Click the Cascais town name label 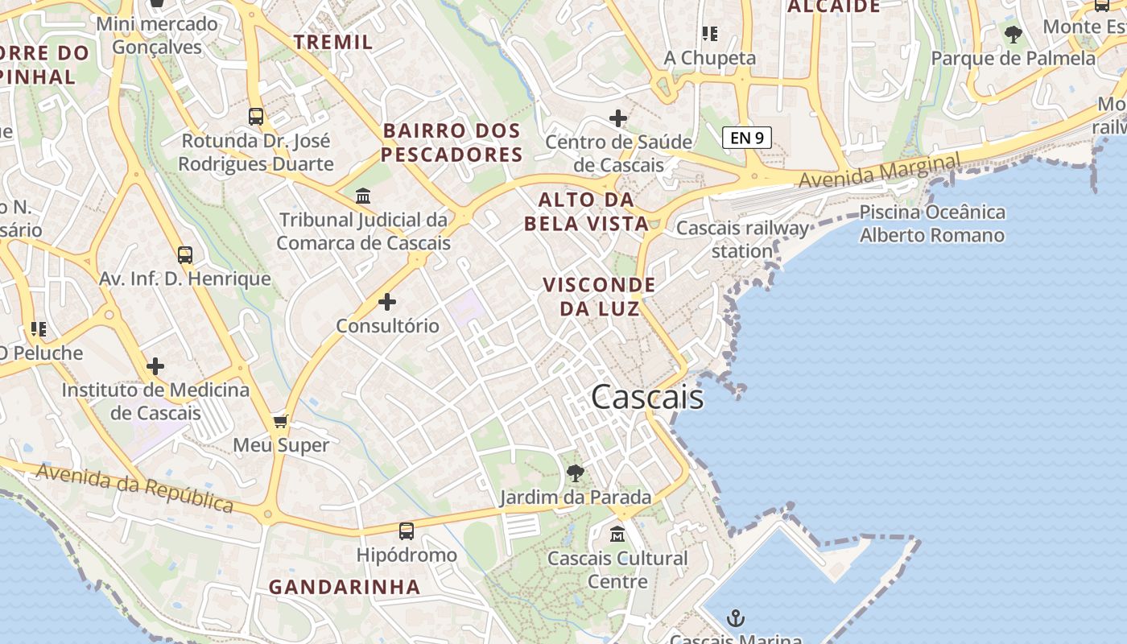pyautogui.click(x=647, y=397)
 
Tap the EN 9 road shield pyautogui.click(x=747, y=138)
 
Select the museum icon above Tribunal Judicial pyautogui.click(x=363, y=196)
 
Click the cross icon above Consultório pyautogui.click(x=387, y=302)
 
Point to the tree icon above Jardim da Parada pyautogui.click(x=575, y=473)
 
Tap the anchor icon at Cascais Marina pyautogui.click(x=735, y=618)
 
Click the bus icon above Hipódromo pyautogui.click(x=407, y=531)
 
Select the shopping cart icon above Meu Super pyautogui.click(x=281, y=421)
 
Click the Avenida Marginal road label pyautogui.click(x=880, y=171)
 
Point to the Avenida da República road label pyautogui.click(x=135, y=488)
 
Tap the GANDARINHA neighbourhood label pyautogui.click(x=345, y=587)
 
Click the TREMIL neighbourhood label pyautogui.click(x=333, y=42)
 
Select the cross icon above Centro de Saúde pyautogui.click(x=618, y=119)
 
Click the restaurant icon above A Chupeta pyautogui.click(x=709, y=34)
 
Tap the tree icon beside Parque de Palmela pyautogui.click(x=1013, y=35)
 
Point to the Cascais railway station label pyautogui.click(x=742, y=239)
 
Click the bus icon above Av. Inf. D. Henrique pyautogui.click(x=185, y=255)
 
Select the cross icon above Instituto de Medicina pyautogui.click(x=155, y=367)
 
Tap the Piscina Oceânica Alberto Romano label pyautogui.click(x=932, y=224)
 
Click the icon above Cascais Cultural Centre pyautogui.click(x=617, y=534)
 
